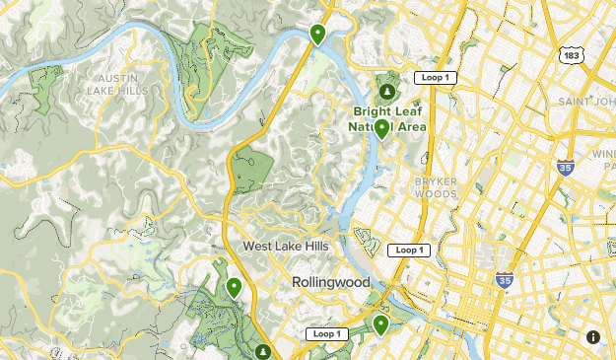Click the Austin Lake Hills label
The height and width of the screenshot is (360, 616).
[123, 83]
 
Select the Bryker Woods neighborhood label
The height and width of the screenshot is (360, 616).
[435, 187]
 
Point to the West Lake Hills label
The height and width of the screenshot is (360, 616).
[283, 246]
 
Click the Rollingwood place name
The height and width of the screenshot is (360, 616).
[330, 282]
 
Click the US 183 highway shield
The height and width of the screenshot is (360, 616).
[572, 56]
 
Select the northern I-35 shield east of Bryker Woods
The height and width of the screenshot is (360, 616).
[565, 169]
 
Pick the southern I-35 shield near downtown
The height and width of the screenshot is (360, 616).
[504, 280]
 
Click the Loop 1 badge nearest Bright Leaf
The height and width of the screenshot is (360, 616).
[433, 77]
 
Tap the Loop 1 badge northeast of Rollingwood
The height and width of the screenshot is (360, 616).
[408, 251]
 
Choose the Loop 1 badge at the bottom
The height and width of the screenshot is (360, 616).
[326, 333]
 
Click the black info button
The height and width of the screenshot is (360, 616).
[593, 337]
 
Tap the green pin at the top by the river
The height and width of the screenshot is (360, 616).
[317, 35]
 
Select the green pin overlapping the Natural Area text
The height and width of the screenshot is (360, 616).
[381, 129]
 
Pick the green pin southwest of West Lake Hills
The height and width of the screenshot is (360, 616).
[234, 287]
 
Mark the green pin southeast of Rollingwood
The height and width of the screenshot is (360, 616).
[380, 324]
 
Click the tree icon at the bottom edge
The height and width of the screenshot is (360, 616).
[262, 351]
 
